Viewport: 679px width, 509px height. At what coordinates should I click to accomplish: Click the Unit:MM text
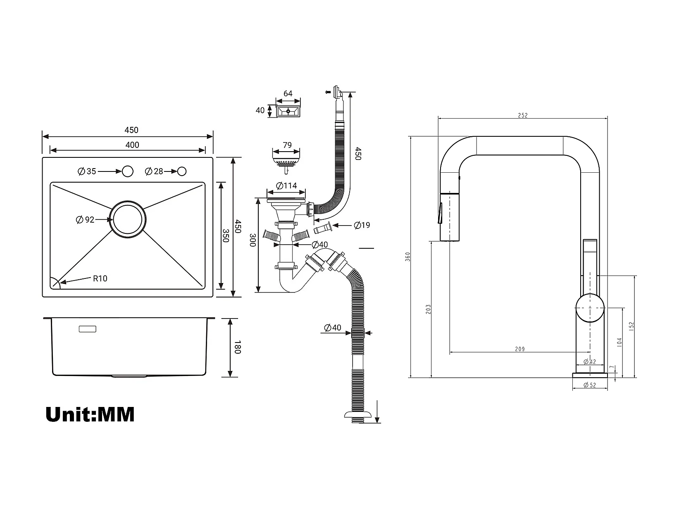90,414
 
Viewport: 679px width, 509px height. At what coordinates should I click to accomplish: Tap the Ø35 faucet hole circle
127,171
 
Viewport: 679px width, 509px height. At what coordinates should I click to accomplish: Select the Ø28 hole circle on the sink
182,171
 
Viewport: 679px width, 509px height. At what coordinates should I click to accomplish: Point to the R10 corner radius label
100,278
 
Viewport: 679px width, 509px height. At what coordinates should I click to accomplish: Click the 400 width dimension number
132,145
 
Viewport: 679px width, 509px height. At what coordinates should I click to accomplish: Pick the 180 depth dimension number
237,347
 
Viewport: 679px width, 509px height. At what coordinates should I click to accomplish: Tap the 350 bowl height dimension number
226,235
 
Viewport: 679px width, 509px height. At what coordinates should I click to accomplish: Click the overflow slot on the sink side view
88,329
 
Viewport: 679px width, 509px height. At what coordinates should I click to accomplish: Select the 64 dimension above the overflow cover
288,93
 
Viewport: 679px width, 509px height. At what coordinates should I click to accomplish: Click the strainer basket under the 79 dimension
286,163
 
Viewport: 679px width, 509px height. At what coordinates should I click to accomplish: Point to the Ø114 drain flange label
286,186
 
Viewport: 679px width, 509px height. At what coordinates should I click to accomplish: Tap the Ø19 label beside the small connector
362,225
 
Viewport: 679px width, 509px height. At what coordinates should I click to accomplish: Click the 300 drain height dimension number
253,240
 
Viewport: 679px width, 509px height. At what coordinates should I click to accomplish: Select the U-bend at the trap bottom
291,285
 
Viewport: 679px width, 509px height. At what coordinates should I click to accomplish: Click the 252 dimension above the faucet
523,115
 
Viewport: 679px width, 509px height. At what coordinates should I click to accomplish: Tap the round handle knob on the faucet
590,308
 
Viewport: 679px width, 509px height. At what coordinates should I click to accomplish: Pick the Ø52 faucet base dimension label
590,385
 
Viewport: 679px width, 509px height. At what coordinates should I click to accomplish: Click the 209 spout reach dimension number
520,349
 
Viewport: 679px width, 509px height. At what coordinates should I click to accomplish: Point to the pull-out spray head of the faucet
450,216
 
